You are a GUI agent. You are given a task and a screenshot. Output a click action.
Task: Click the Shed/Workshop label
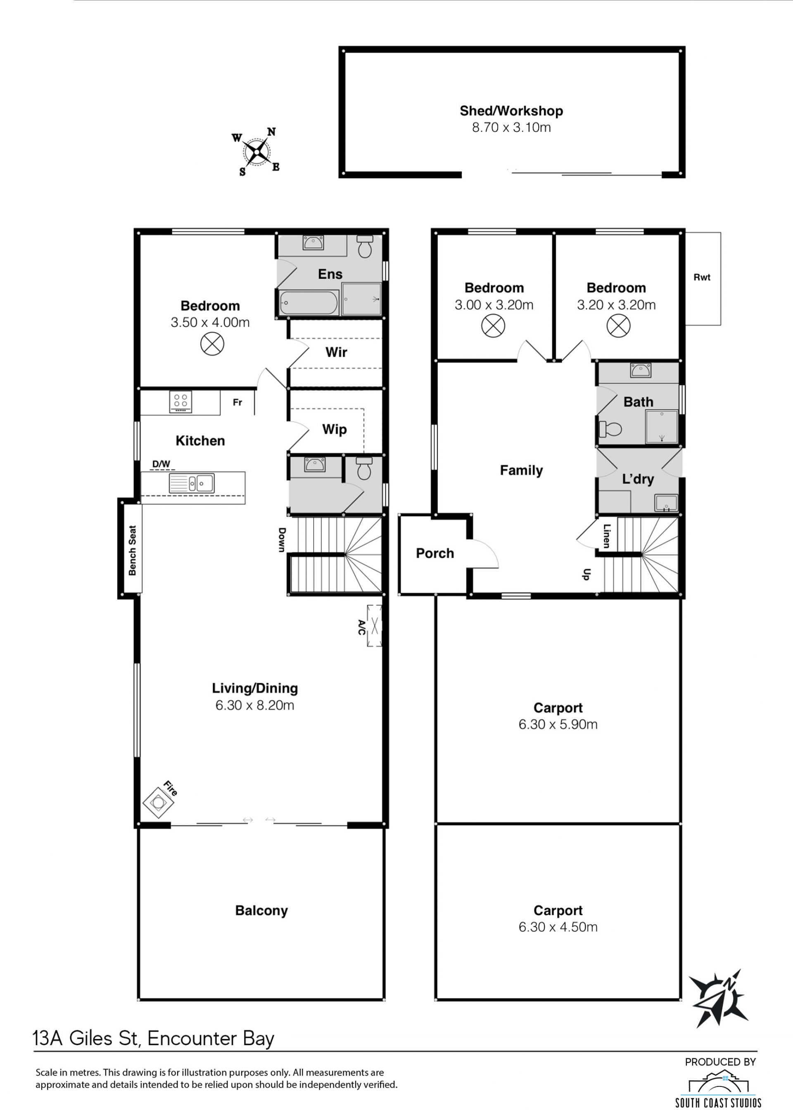tap(511, 111)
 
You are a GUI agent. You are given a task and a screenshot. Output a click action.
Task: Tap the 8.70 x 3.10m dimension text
tap(511, 128)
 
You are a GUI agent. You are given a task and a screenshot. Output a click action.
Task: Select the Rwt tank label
tap(702, 277)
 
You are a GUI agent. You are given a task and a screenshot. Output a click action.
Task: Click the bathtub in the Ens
tap(309, 303)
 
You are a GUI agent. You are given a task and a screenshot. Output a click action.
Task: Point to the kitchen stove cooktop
tap(180, 402)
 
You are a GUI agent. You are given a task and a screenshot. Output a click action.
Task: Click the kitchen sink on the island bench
tap(191, 483)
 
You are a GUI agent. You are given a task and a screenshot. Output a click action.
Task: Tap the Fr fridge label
tap(237, 402)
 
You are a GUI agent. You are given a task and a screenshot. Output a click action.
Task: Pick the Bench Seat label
tap(132, 550)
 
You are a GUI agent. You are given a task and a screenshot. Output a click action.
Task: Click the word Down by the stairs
tap(282, 540)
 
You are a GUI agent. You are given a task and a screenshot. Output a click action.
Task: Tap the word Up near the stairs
tap(586, 574)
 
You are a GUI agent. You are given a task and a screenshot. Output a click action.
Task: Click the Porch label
tap(434, 553)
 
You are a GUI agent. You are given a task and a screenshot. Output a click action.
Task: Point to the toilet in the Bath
tap(610, 429)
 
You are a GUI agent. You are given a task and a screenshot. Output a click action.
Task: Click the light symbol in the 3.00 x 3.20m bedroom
tap(493, 326)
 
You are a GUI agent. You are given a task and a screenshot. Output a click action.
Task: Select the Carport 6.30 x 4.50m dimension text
tap(558, 927)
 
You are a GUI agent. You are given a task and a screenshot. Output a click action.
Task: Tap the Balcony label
tap(261, 911)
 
